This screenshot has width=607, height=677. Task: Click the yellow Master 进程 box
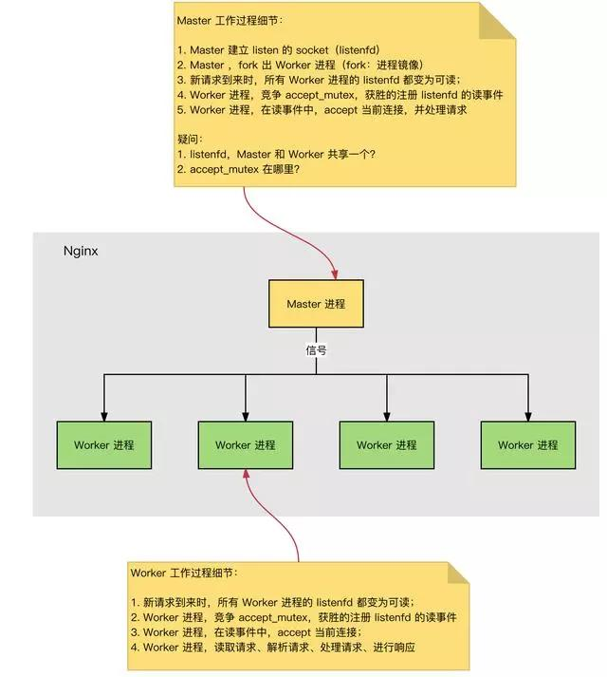(x=315, y=304)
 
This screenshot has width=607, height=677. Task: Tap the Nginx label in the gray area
(x=81, y=252)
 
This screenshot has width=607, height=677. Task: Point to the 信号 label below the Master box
(x=316, y=349)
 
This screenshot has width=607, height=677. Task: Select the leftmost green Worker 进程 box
(x=104, y=444)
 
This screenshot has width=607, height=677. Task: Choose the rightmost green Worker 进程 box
(x=527, y=444)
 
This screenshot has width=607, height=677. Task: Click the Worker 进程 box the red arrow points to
(x=246, y=444)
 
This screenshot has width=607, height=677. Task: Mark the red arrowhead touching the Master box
(x=336, y=273)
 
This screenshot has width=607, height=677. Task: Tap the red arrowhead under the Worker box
(x=247, y=476)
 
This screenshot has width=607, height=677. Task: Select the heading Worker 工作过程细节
(x=185, y=574)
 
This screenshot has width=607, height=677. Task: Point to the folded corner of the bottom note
(x=458, y=572)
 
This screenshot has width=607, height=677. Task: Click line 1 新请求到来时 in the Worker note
(x=272, y=602)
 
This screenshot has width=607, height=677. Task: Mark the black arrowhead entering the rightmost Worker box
(x=527, y=415)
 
